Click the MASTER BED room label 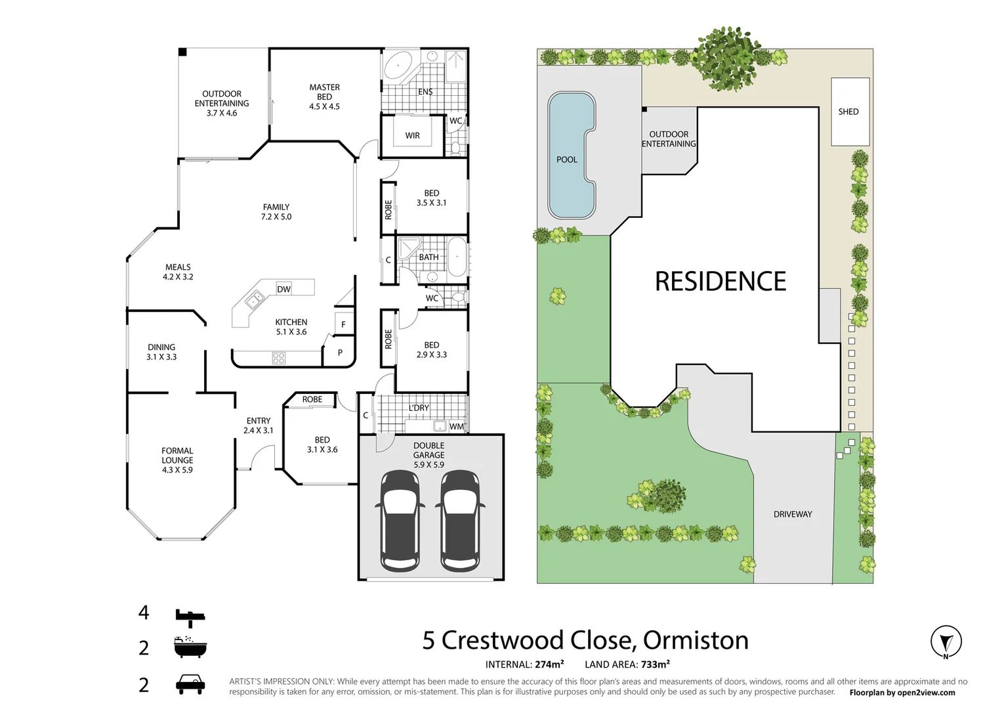click(324, 97)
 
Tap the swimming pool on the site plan click(570, 155)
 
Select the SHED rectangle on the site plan click(850, 112)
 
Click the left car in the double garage click(400, 520)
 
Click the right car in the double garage click(460, 520)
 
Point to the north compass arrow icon click(946, 641)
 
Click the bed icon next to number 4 click(190, 615)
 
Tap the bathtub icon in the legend click(190, 647)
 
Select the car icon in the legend click(190, 684)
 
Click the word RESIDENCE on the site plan click(720, 282)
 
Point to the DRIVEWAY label click(792, 514)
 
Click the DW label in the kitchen click(283, 289)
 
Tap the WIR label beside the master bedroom click(412, 135)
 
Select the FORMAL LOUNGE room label click(177, 460)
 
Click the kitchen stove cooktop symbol click(279, 358)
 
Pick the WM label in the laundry click(456, 426)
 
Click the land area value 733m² click(655, 664)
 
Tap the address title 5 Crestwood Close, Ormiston click(585, 640)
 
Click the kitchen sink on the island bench click(254, 301)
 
